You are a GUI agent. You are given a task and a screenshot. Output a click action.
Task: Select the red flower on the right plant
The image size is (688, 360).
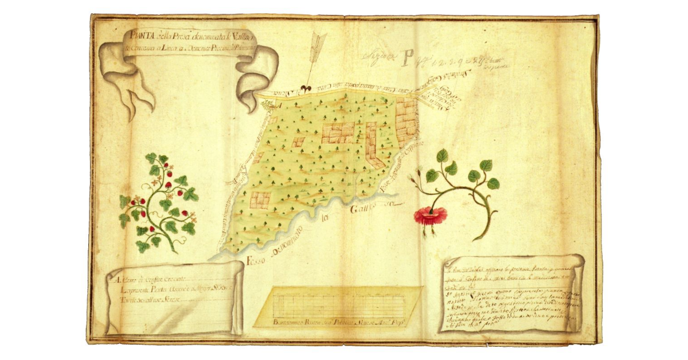point(431,216)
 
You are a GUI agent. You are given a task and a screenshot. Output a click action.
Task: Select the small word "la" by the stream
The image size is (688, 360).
point(326,218)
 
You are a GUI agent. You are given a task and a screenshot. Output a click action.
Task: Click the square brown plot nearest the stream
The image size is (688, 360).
point(260,199)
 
